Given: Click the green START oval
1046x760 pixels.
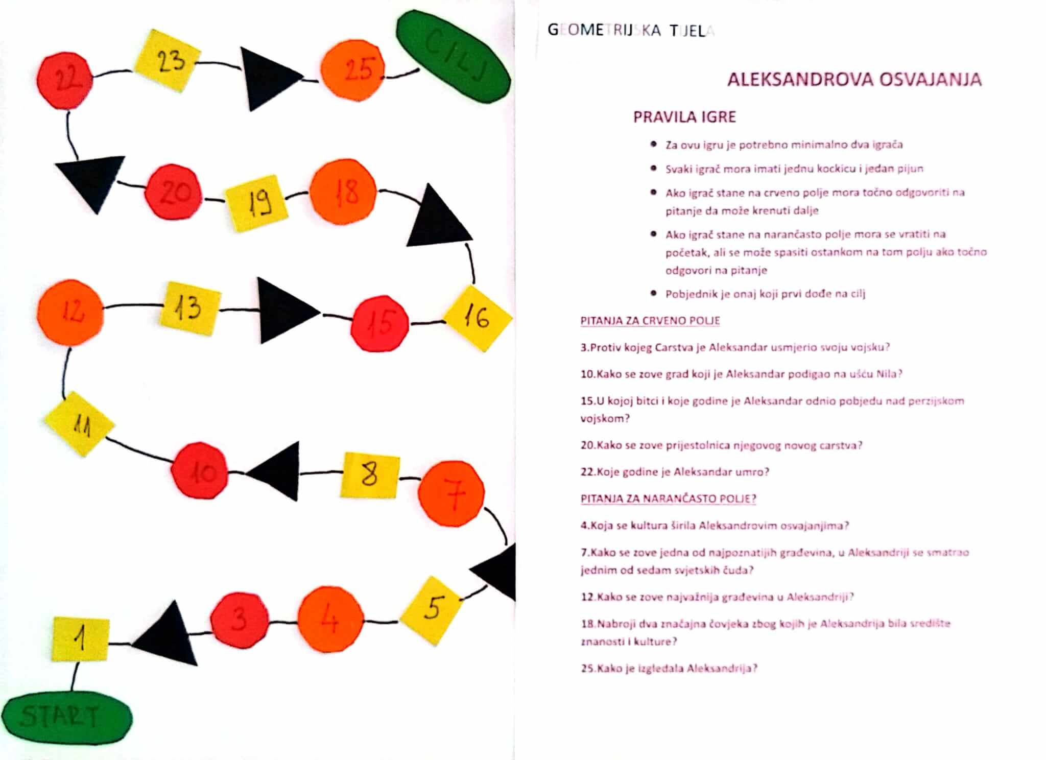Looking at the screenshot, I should pyautogui.click(x=66, y=718).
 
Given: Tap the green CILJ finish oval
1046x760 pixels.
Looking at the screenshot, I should pyautogui.click(x=454, y=57).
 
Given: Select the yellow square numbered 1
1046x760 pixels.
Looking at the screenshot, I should pyautogui.click(x=81, y=639).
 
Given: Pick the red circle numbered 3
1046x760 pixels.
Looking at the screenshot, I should pyautogui.click(x=239, y=619).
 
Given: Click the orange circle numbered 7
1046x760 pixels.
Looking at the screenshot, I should pyautogui.click(x=451, y=493).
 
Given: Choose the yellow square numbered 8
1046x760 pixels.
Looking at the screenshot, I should pyautogui.click(x=370, y=475).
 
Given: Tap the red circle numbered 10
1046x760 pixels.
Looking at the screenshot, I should pyautogui.click(x=200, y=470).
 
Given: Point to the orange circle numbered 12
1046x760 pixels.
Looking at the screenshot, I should pyautogui.click(x=70, y=311).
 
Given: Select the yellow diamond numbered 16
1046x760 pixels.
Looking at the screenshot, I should pyautogui.click(x=478, y=318).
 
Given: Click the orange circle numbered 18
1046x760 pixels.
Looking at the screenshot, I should pyautogui.click(x=343, y=192).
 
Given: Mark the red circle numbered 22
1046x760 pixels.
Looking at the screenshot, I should pyautogui.click(x=65, y=80).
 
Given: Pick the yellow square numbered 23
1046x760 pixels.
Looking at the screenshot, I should pyautogui.click(x=168, y=61).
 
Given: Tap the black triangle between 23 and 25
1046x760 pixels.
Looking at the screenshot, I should pyautogui.click(x=267, y=79).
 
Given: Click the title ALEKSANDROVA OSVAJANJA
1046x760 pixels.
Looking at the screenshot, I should pyautogui.click(x=854, y=80).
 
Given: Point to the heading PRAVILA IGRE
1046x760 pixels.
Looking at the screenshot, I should pyautogui.click(x=684, y=117).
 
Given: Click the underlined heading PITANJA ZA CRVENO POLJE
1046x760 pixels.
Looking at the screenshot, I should pyautogui.click(x=650, y=321).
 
